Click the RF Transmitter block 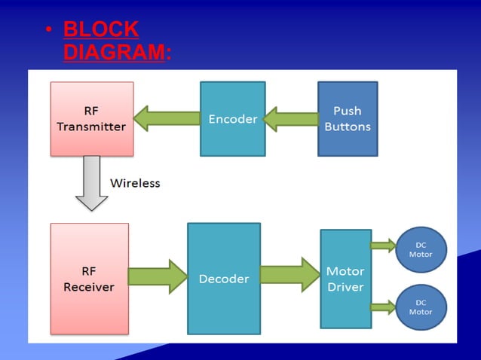point(91,118)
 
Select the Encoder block point(232,118)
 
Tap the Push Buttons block point(347,118)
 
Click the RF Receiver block point(89,278)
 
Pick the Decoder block point(223,278)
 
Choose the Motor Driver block point(345,279)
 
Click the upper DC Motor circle point(421,249)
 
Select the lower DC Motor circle point(421,307)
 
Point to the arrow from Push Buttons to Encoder point(291,119)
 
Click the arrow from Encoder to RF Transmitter point(167,118)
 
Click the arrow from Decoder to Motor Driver point(290,274)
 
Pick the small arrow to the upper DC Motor point(383,245)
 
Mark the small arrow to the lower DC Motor point(383,306)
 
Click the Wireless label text point(135,183)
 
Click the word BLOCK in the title point(101,29)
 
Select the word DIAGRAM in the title point(114,53)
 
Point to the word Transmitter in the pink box point(91,127)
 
